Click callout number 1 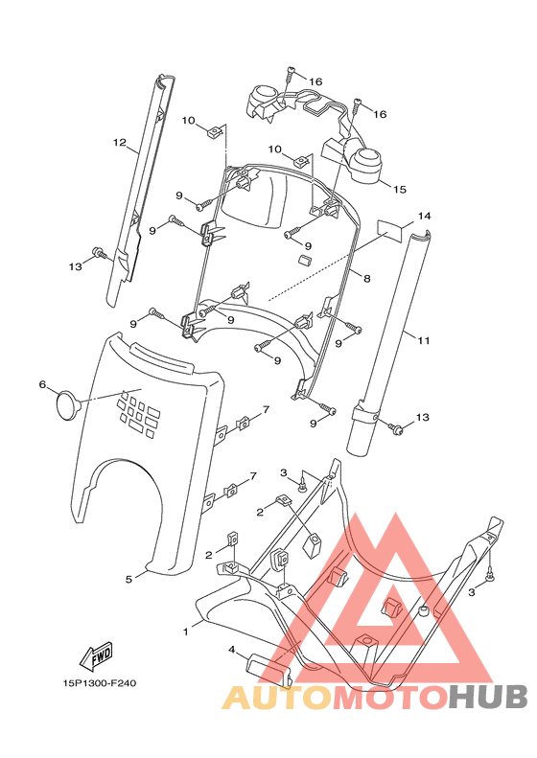(x=185, y=632)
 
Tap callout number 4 (x=232, y=651)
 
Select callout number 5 (x=128, y=579)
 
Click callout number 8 (x=367, y=279)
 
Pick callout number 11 (x=424, y=341)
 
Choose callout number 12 (x=120, y=142)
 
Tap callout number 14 (x=424, y=216)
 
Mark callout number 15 (x=400, y=190)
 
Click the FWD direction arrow (x=96, y=656)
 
